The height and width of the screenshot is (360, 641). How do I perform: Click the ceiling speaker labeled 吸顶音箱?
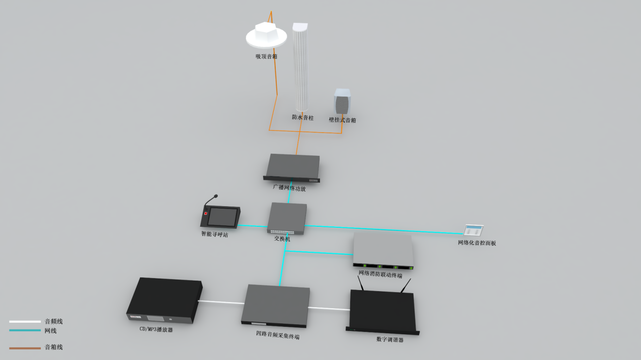coord(266,36)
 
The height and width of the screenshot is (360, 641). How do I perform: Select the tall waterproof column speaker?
coord(300,68)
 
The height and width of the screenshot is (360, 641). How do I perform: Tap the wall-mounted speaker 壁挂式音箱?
coord(342,102)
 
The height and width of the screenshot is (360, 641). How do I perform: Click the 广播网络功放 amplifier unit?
coord(292,167)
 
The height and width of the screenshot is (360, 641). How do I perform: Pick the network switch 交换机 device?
coord(287,218)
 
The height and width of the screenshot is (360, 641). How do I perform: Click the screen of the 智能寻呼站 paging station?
coord(222,217)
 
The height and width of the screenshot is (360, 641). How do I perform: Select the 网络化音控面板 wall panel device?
coord(473,230)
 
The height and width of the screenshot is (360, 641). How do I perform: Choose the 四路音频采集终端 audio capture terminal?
coord(276,305)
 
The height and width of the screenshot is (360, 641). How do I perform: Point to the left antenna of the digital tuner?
coord(361,283)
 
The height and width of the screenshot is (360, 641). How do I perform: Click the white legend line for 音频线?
coord(25,321)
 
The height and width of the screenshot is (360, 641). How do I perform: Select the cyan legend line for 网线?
coord(25,330)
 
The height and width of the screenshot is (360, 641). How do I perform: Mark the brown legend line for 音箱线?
coord(25,347)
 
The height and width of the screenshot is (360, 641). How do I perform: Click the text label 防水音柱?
coord(302,118)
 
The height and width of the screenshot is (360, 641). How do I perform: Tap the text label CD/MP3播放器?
coord(156,330)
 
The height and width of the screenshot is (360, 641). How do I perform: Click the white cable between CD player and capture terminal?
coord(221,302)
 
